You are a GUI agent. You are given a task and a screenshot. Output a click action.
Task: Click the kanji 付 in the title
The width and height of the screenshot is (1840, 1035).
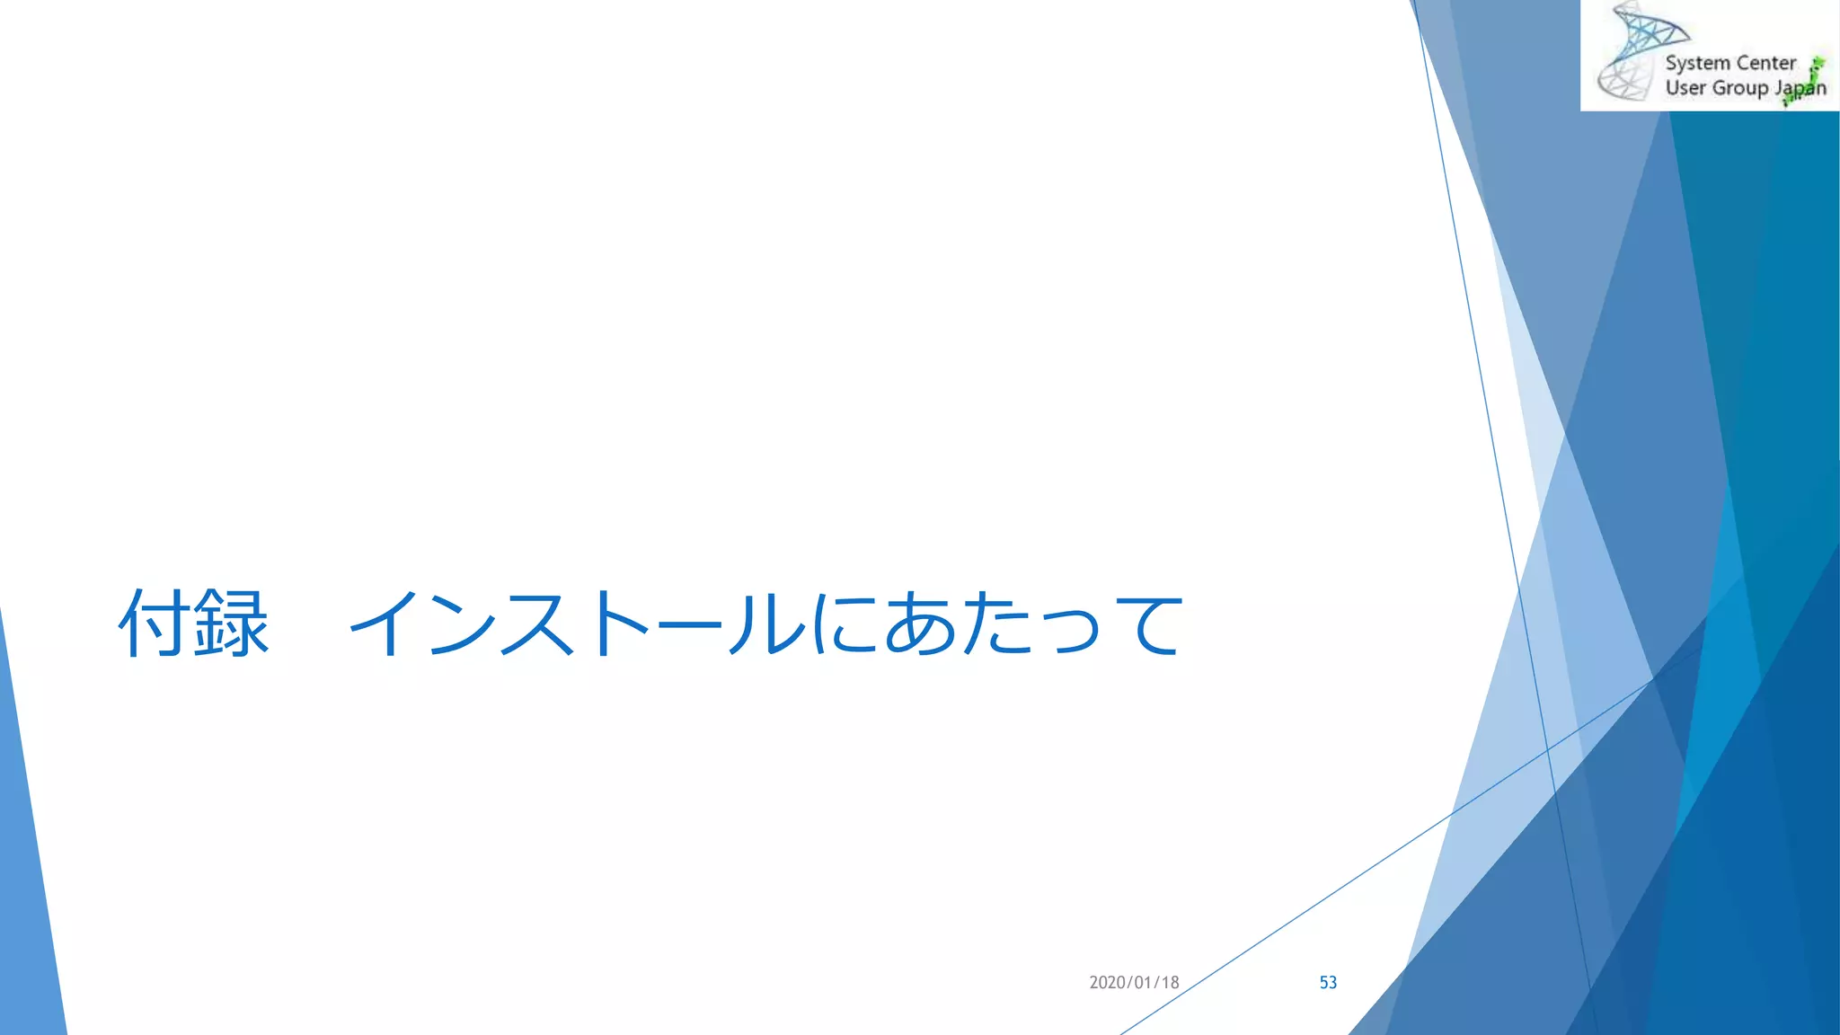pos(154,624)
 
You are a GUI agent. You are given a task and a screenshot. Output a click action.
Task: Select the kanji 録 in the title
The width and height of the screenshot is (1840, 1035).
pos(232,624)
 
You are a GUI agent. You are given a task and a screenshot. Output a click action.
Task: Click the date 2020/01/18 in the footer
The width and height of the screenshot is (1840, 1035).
pos(1134,983)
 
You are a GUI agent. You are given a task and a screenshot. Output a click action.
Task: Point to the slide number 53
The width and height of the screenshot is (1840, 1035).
pos(1328,983)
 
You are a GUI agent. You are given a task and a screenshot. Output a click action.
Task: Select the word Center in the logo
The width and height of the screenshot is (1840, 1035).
pos(1766,63)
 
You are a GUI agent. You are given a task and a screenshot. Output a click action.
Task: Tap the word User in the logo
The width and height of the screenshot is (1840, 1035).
pos(1685,88)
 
